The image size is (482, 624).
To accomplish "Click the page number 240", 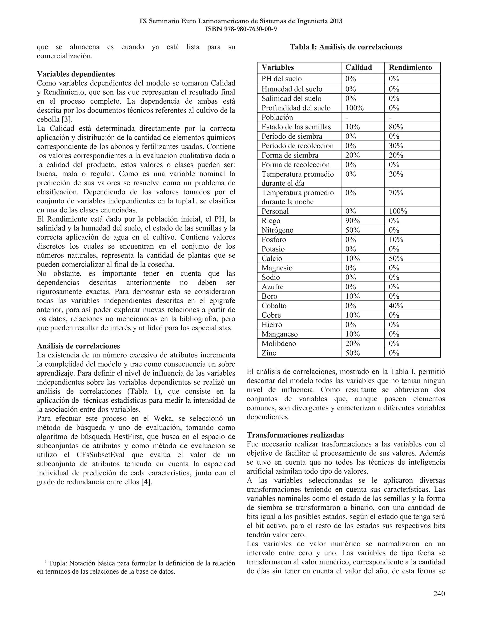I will tap(439, 594).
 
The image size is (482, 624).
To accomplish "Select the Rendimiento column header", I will tap(410, 67).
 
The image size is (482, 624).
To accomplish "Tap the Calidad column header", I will tap(358, 67).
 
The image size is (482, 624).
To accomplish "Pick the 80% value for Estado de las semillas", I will tap(396, 127).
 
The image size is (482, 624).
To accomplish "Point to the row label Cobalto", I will tap(274, 306).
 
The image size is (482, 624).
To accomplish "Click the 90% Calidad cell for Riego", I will tap(352, 221).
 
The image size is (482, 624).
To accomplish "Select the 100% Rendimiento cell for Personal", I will tap(398, 211).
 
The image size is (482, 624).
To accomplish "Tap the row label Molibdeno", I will tap(279, 343).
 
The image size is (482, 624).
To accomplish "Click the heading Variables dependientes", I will tap(76, 74).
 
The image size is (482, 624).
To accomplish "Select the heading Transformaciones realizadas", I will tap(295, 435).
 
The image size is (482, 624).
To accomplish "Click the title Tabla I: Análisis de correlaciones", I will tap(346, 47).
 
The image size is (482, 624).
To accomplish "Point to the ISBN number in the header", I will tap(241, 29).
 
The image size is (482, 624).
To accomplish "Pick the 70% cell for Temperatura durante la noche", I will tap(396, 193).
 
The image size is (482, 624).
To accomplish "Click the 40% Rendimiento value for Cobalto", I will tap(396, 306).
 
